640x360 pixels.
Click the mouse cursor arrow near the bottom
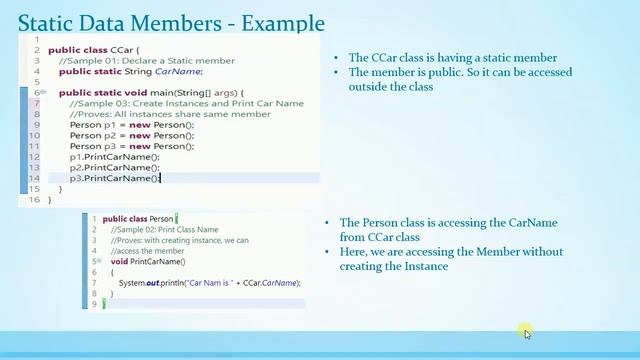point(526,332)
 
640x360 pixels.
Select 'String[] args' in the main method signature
point(205,92)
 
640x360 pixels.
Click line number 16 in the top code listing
point(35,199)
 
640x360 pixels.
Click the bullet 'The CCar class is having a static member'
point(452,58)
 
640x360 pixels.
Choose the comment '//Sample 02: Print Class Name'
point(164,230)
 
